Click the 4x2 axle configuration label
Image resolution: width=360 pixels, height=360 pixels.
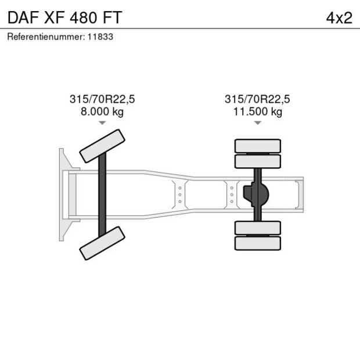[339, 18]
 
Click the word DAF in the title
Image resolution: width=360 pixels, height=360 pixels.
[23, 17]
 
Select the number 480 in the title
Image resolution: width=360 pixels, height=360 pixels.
[84, 17]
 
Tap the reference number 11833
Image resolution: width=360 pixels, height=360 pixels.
[100, 37]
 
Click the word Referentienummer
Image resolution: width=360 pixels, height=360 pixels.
[46, 37]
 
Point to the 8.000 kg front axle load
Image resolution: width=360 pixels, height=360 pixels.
[102, 112]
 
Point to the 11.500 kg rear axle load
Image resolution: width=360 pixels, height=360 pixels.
[258, 112]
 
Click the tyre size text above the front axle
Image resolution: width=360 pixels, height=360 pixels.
[102, 99]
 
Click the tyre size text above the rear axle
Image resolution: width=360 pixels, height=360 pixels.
[257, 99]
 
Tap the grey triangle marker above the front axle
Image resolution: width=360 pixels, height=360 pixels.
[102, 123]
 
